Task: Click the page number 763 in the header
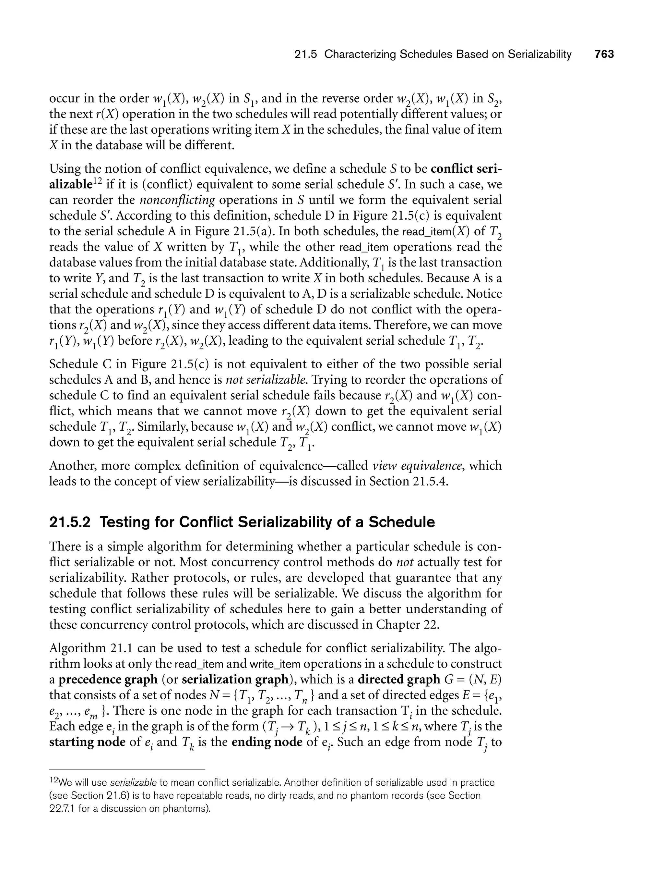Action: pyautogui.click(x=604, y=55)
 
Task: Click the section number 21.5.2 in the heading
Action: pyautogui.click(x=70, y=522)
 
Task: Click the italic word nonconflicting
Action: pyautogui.click(x=177, y=200)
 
